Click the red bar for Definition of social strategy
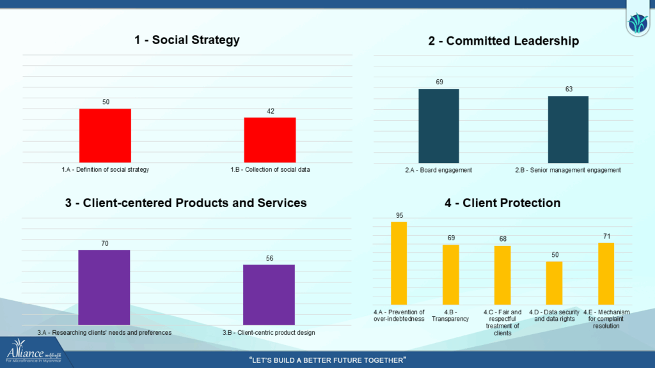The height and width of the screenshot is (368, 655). pos(105,135)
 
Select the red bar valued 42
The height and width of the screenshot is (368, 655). pos(270,140)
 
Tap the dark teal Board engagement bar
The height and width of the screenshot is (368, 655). pos(439,125)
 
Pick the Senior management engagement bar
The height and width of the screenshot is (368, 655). pos(568,129)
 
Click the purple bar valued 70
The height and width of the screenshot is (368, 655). pos(104,287)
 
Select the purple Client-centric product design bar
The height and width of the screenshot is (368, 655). pos(269,295)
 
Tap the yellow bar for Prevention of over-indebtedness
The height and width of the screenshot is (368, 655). pos(399,263)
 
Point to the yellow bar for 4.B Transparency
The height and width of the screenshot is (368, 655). pos(451,275)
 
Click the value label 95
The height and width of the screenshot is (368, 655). pos(399,215)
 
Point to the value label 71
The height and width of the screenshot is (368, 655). pos(606,236)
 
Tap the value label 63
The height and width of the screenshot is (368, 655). pos(569,89)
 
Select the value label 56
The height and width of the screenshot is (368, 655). pos(269,258)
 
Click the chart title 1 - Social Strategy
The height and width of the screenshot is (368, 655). pos(187,40)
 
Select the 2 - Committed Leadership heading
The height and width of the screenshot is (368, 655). pos(503,41)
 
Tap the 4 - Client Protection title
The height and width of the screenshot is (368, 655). pos(502,203)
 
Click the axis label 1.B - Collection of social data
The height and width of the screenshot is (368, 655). pos(270,169)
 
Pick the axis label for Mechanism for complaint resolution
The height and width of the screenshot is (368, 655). pos(606,319)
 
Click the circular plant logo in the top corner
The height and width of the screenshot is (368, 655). pos(638,24)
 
